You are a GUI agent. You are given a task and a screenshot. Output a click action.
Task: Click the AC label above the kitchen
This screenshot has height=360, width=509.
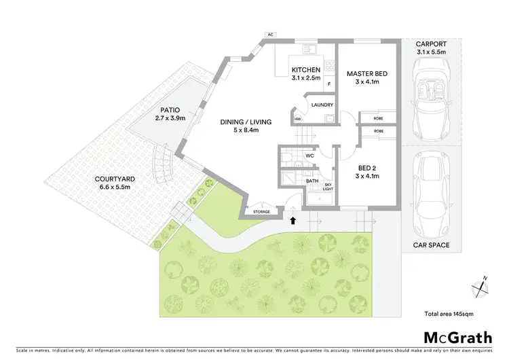(x=270, y=34)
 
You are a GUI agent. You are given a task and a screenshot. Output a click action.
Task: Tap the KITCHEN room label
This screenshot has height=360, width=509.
(x=305, y=70)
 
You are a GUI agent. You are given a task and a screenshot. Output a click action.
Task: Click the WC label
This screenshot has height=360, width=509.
(x=309, y=156)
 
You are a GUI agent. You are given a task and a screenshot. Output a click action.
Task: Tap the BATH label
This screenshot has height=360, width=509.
(x=313, y=181)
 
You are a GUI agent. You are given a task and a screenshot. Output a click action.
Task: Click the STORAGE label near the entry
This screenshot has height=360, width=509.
(x=261, y=212)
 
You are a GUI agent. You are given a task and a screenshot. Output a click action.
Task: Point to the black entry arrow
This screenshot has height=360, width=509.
(x=293, y=220)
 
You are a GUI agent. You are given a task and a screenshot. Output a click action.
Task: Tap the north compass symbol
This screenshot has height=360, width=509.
(x=482, y=285)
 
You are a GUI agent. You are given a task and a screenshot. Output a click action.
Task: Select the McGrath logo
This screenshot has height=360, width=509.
(x=459, y=337)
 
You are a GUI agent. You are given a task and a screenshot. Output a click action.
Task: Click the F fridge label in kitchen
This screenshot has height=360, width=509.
(x=329, y=85)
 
